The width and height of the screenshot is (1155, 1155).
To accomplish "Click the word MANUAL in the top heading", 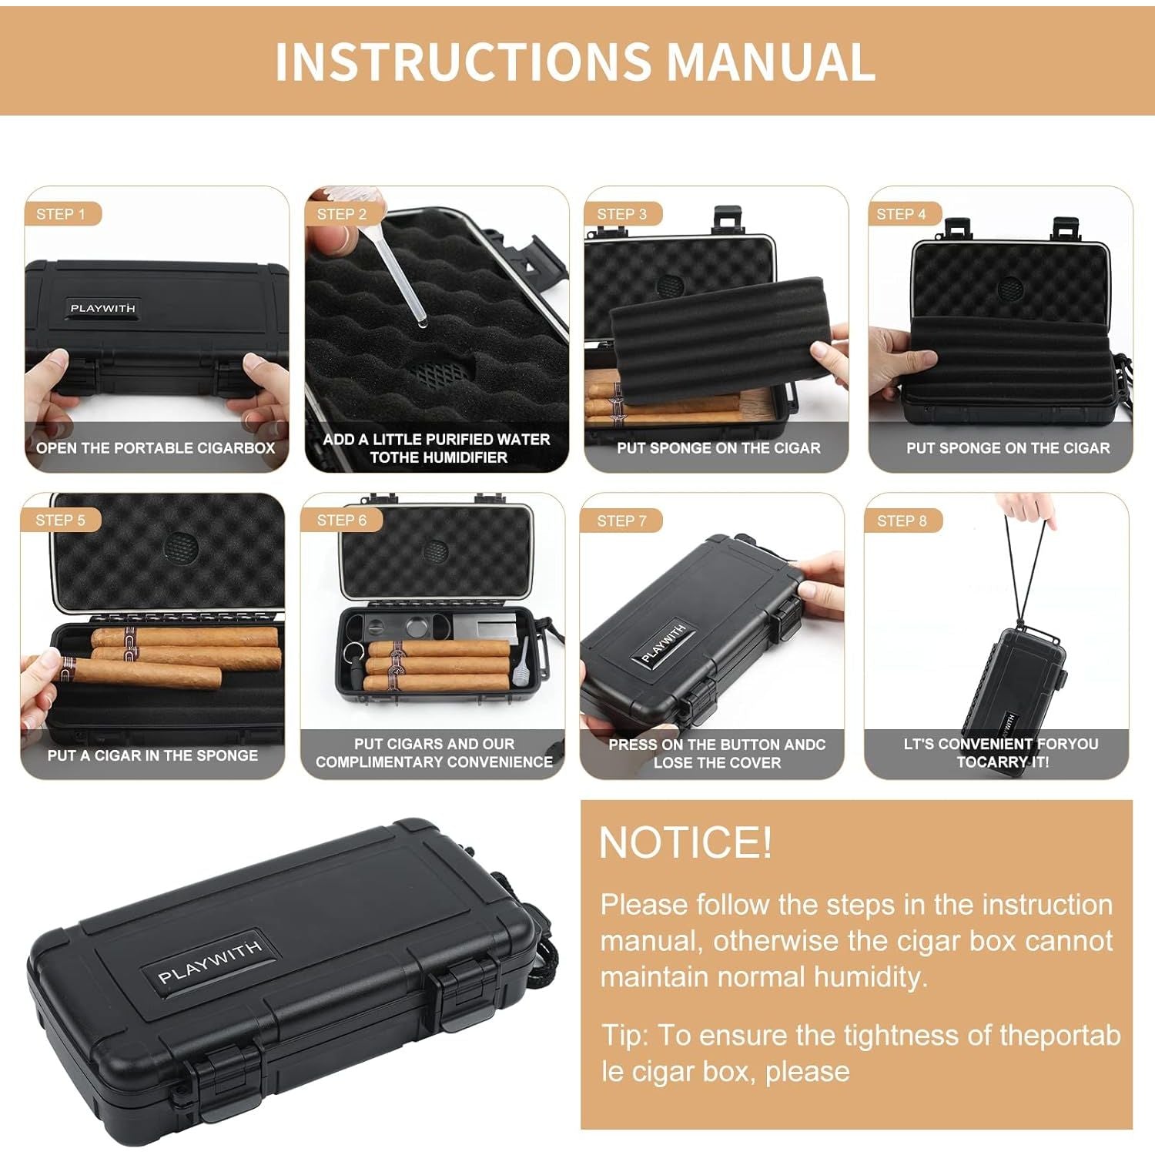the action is (x=771, y=62).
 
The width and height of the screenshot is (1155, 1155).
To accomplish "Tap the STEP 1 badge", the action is (x=62, y=214).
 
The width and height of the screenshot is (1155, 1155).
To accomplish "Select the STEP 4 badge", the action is (x=902, y=214).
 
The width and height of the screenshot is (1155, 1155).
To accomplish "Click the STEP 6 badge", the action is (x=342, y=521).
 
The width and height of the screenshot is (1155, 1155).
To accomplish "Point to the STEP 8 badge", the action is (x=902, y=521).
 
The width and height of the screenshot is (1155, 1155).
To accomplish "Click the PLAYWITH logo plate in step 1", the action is (x=102, y=308).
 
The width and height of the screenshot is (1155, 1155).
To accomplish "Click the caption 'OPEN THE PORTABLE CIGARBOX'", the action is (x=156, y=448).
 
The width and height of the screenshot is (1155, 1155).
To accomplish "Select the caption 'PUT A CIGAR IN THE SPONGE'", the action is (x=152, y=755).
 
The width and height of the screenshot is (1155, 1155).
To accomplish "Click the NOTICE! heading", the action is (x=685, y=842).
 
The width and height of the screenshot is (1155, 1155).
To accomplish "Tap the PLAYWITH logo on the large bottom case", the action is (x=210, y=962).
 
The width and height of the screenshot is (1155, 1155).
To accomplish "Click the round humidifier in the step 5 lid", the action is (x=182, y=547).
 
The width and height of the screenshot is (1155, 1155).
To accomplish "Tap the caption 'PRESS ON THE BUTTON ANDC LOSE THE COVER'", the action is (x=717, y=753).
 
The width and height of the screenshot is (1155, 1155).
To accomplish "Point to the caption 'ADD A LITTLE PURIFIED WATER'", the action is (x=437, y=439).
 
